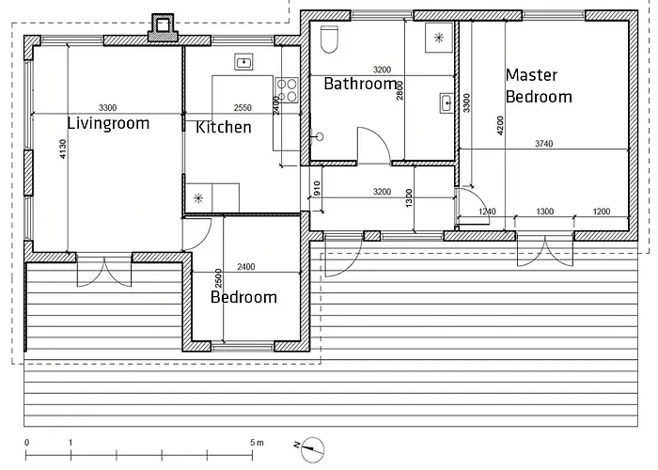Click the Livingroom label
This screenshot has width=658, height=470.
point(108,124)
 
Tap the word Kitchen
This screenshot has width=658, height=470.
point(224,127)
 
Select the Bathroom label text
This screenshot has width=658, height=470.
point(360,84)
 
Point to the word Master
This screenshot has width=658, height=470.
point(532,75)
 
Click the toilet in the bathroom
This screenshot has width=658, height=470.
point(329,39)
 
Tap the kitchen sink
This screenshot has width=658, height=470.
point(243,62)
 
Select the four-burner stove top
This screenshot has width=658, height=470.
point(287,90)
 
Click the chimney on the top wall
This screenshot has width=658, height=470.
point(163,28)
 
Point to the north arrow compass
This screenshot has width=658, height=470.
point(311,449)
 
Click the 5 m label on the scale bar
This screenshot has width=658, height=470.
point(258,443)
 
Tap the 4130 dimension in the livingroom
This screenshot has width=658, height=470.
point(63,149)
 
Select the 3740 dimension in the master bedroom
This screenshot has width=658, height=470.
point(544,144)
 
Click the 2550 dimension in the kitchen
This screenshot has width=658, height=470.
point(243,108)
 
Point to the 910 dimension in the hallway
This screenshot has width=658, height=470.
point(318,188)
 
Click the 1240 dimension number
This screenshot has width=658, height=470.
point(487,211)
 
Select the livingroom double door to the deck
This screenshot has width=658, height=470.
point(104,271)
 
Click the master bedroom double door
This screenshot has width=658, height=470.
point(545,251)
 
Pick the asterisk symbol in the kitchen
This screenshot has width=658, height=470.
point(198,198)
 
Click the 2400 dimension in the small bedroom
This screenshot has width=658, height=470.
point(246,266)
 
